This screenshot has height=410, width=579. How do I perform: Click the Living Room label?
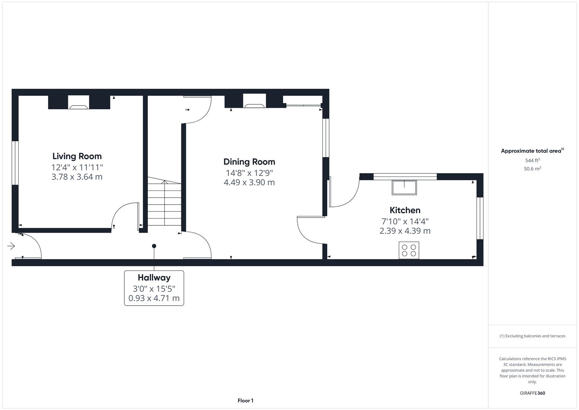coord(77,156)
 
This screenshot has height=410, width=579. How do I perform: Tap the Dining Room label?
coord(249,162)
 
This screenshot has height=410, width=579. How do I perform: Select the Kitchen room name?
coord(405,210)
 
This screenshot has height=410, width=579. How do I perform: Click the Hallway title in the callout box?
coord(154,278)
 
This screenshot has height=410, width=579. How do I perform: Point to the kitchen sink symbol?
coord(404,188)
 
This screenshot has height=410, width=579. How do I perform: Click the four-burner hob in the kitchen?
coord(409,250)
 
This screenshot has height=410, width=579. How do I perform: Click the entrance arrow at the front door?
coord(11,246)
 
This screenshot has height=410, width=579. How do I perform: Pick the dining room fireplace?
coord(254,102)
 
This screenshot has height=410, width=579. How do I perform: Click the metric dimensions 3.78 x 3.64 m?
coord(77,177)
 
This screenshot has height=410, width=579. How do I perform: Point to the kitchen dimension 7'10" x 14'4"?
coord(405,221)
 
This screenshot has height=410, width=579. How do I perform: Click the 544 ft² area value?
coord(532,161)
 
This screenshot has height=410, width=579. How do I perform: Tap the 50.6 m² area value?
coord(532,169)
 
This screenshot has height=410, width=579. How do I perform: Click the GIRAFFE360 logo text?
coord(532,393)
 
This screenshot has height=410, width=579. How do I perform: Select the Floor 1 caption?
coord(245,401)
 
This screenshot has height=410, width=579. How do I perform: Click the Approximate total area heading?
coord(532,151)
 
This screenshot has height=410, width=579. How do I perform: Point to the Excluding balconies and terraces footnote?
coord(532,336)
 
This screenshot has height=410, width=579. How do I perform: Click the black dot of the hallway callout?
coord(154,246)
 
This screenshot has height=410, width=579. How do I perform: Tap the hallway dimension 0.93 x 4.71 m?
coord(154,298)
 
